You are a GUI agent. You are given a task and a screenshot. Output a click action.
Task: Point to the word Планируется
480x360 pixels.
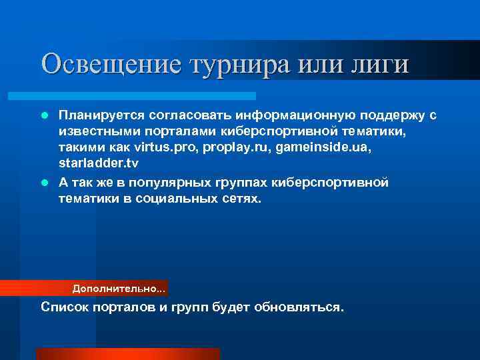(x=98, y=116)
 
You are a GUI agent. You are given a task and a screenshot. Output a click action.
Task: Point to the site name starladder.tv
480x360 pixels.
(x=99, y=164)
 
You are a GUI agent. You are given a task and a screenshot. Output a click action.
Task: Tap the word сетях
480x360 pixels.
(x=241, y=199)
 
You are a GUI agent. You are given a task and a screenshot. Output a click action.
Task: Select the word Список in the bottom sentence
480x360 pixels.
(x=63, y=307)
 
